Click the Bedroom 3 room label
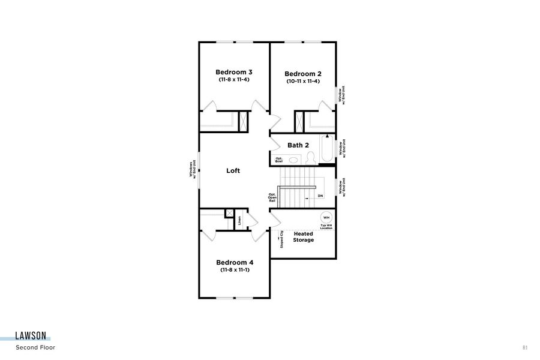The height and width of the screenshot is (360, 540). (234, 72)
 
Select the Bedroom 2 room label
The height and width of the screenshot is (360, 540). (303, 74)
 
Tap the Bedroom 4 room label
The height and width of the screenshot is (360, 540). (235, 262)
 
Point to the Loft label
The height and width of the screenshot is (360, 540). (233, 171)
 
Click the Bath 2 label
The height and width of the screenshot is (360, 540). (298, 145)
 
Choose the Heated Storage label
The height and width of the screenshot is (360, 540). (303, 236)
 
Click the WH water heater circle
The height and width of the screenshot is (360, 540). (326, 217)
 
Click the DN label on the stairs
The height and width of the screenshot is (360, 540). (320, 196)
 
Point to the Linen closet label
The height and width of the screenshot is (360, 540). (239, 220)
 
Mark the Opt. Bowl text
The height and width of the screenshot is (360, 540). (279, 160)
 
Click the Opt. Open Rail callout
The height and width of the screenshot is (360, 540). (272, 197)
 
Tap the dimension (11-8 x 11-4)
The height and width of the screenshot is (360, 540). (234, 80)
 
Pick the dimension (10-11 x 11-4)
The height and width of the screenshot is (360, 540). (303, 82)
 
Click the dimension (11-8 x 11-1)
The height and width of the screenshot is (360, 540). (235, 270)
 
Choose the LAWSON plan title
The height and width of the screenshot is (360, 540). (33, 337)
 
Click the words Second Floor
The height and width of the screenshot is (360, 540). (36, 347)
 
